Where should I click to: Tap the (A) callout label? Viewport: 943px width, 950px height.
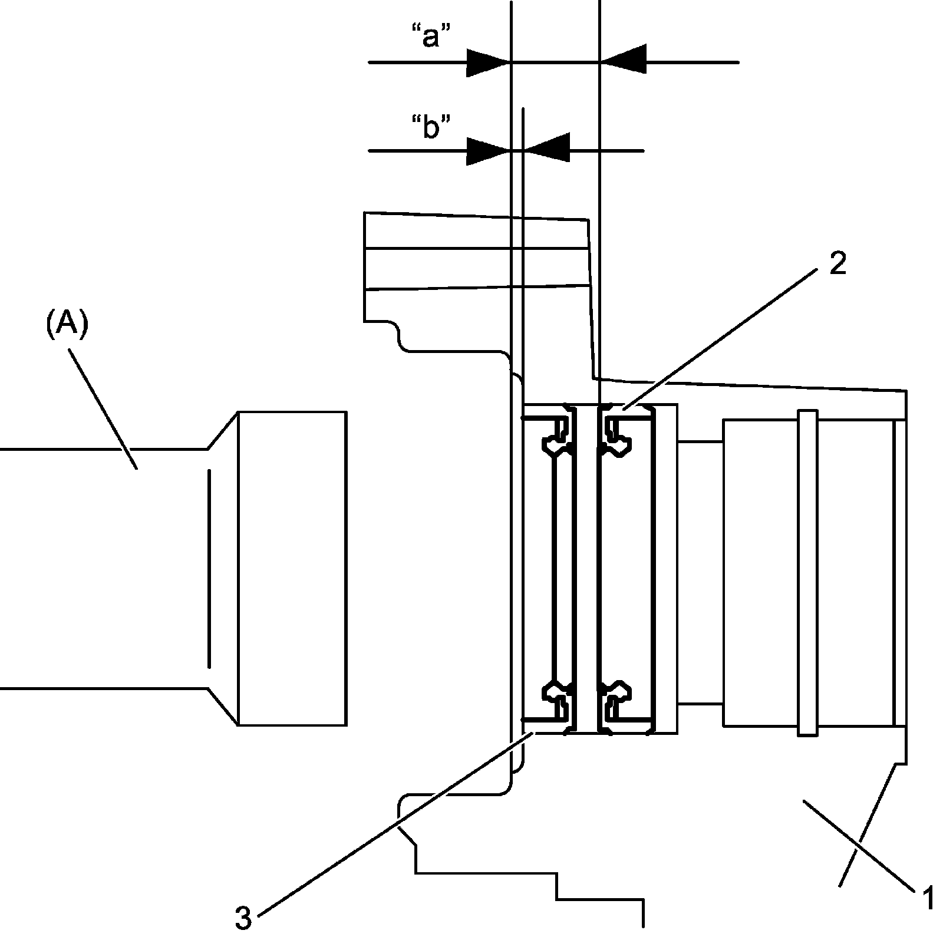pos(67,325)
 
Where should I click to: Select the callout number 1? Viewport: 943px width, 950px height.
pos(926,899)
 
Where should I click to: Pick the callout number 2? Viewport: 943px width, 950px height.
pos(837,263)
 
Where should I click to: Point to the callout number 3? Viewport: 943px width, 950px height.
pos(243,918)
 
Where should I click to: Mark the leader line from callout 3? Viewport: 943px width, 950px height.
pos(395,825)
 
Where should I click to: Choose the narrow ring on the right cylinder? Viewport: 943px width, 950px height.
pos(807,572)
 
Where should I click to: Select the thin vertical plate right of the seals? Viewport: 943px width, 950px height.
pos(666,569)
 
